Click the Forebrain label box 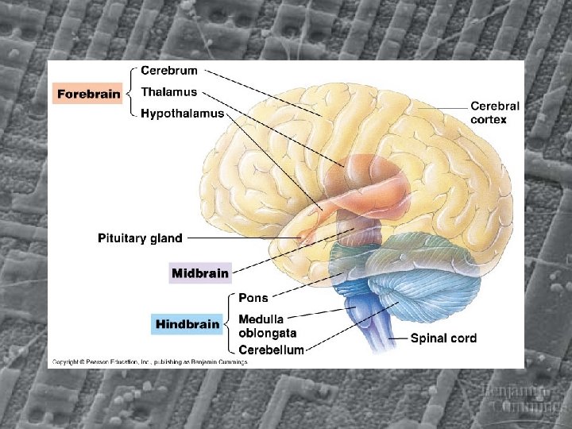(88, 94)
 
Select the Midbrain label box (200, 273)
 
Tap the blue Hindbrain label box (187, 324)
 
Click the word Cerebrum (169, 71)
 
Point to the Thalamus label (168, 92)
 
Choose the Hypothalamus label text (182, 114)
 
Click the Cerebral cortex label (494, 112)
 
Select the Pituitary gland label (140, 238)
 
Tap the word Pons (253, 298)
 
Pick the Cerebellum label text (271, 350)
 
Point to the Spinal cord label (443, 338)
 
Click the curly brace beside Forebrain (130, 94)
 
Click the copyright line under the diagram (149, 361)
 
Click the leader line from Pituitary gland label (238, 238)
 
